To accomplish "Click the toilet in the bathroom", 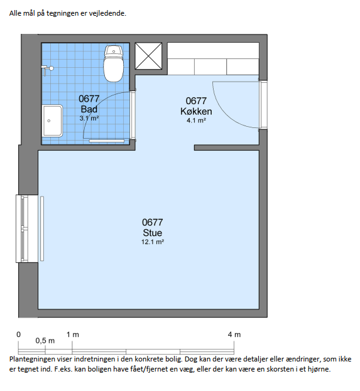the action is (114, 63).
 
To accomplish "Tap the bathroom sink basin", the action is (52, 121).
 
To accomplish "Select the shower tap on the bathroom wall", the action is (47, 69).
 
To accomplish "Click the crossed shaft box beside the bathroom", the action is (148, 56).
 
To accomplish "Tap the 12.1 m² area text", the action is (153, 242).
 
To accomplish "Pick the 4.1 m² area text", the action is (196, 121).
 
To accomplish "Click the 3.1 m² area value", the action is (89, 118).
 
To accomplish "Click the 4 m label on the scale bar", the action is (234, 335).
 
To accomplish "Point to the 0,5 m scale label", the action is (45, 341).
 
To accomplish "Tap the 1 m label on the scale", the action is (73, 335).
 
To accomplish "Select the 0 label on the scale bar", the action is (18, 335).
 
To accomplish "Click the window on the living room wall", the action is (27, 228).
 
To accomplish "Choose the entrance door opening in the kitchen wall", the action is (263, 105).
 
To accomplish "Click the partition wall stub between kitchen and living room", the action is (226, 147).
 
